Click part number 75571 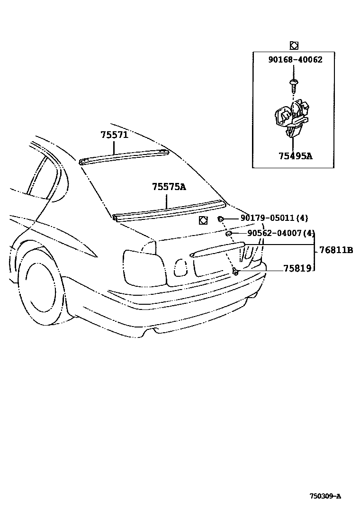(x=114, y=134)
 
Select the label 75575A (x=169, y=187)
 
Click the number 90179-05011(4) (x=274, y=218)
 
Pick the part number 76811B (x=336, y=250)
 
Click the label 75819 (x=297, y=268)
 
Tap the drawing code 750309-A (x=325, y=496)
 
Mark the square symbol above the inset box (x=294, y=45)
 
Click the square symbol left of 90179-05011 (x=203, y=220)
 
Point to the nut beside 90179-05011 (x=221, y=218)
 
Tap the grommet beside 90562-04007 (x=228, y=233)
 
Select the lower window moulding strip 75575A (x=168, y=210)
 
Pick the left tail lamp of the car (x=144, y=268)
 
